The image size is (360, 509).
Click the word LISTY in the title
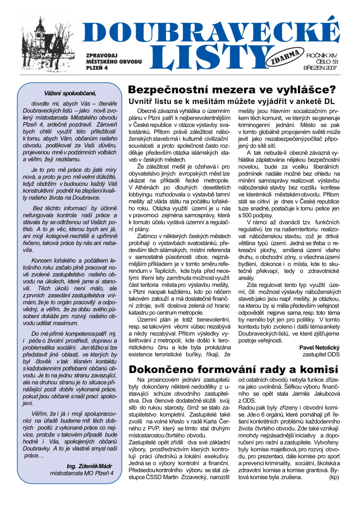(x=211, y=58)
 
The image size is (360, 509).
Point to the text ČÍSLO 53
(x=326, y=62)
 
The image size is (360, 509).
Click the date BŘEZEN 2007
(x=320, y=68)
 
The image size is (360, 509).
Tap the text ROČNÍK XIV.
(x=321, y=55)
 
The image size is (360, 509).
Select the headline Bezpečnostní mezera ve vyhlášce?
(x=232, y=89)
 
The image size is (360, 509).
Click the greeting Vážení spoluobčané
(x=70, y=93)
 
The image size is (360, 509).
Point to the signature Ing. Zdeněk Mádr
(x=89, y=466)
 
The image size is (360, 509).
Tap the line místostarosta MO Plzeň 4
(x=82, y=473)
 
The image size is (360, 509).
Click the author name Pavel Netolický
(x=319, y=347)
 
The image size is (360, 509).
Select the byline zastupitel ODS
(x=321, y=354)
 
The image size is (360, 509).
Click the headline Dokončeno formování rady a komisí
(x=233, y=369)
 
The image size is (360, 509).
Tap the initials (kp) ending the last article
(x=334, y=477)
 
